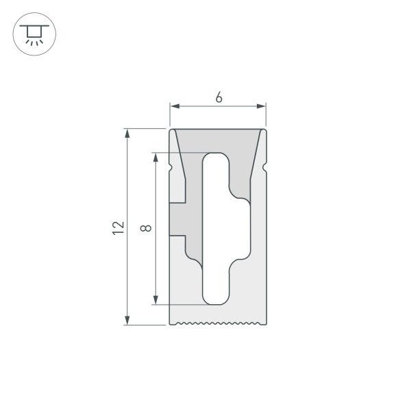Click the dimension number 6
[218, 97]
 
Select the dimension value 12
[119, 227]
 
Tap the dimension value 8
[145, 227]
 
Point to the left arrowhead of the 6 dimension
[174, 106]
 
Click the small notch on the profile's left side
[171, 167]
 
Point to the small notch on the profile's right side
[264, 167]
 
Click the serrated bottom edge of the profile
[218, 323]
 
